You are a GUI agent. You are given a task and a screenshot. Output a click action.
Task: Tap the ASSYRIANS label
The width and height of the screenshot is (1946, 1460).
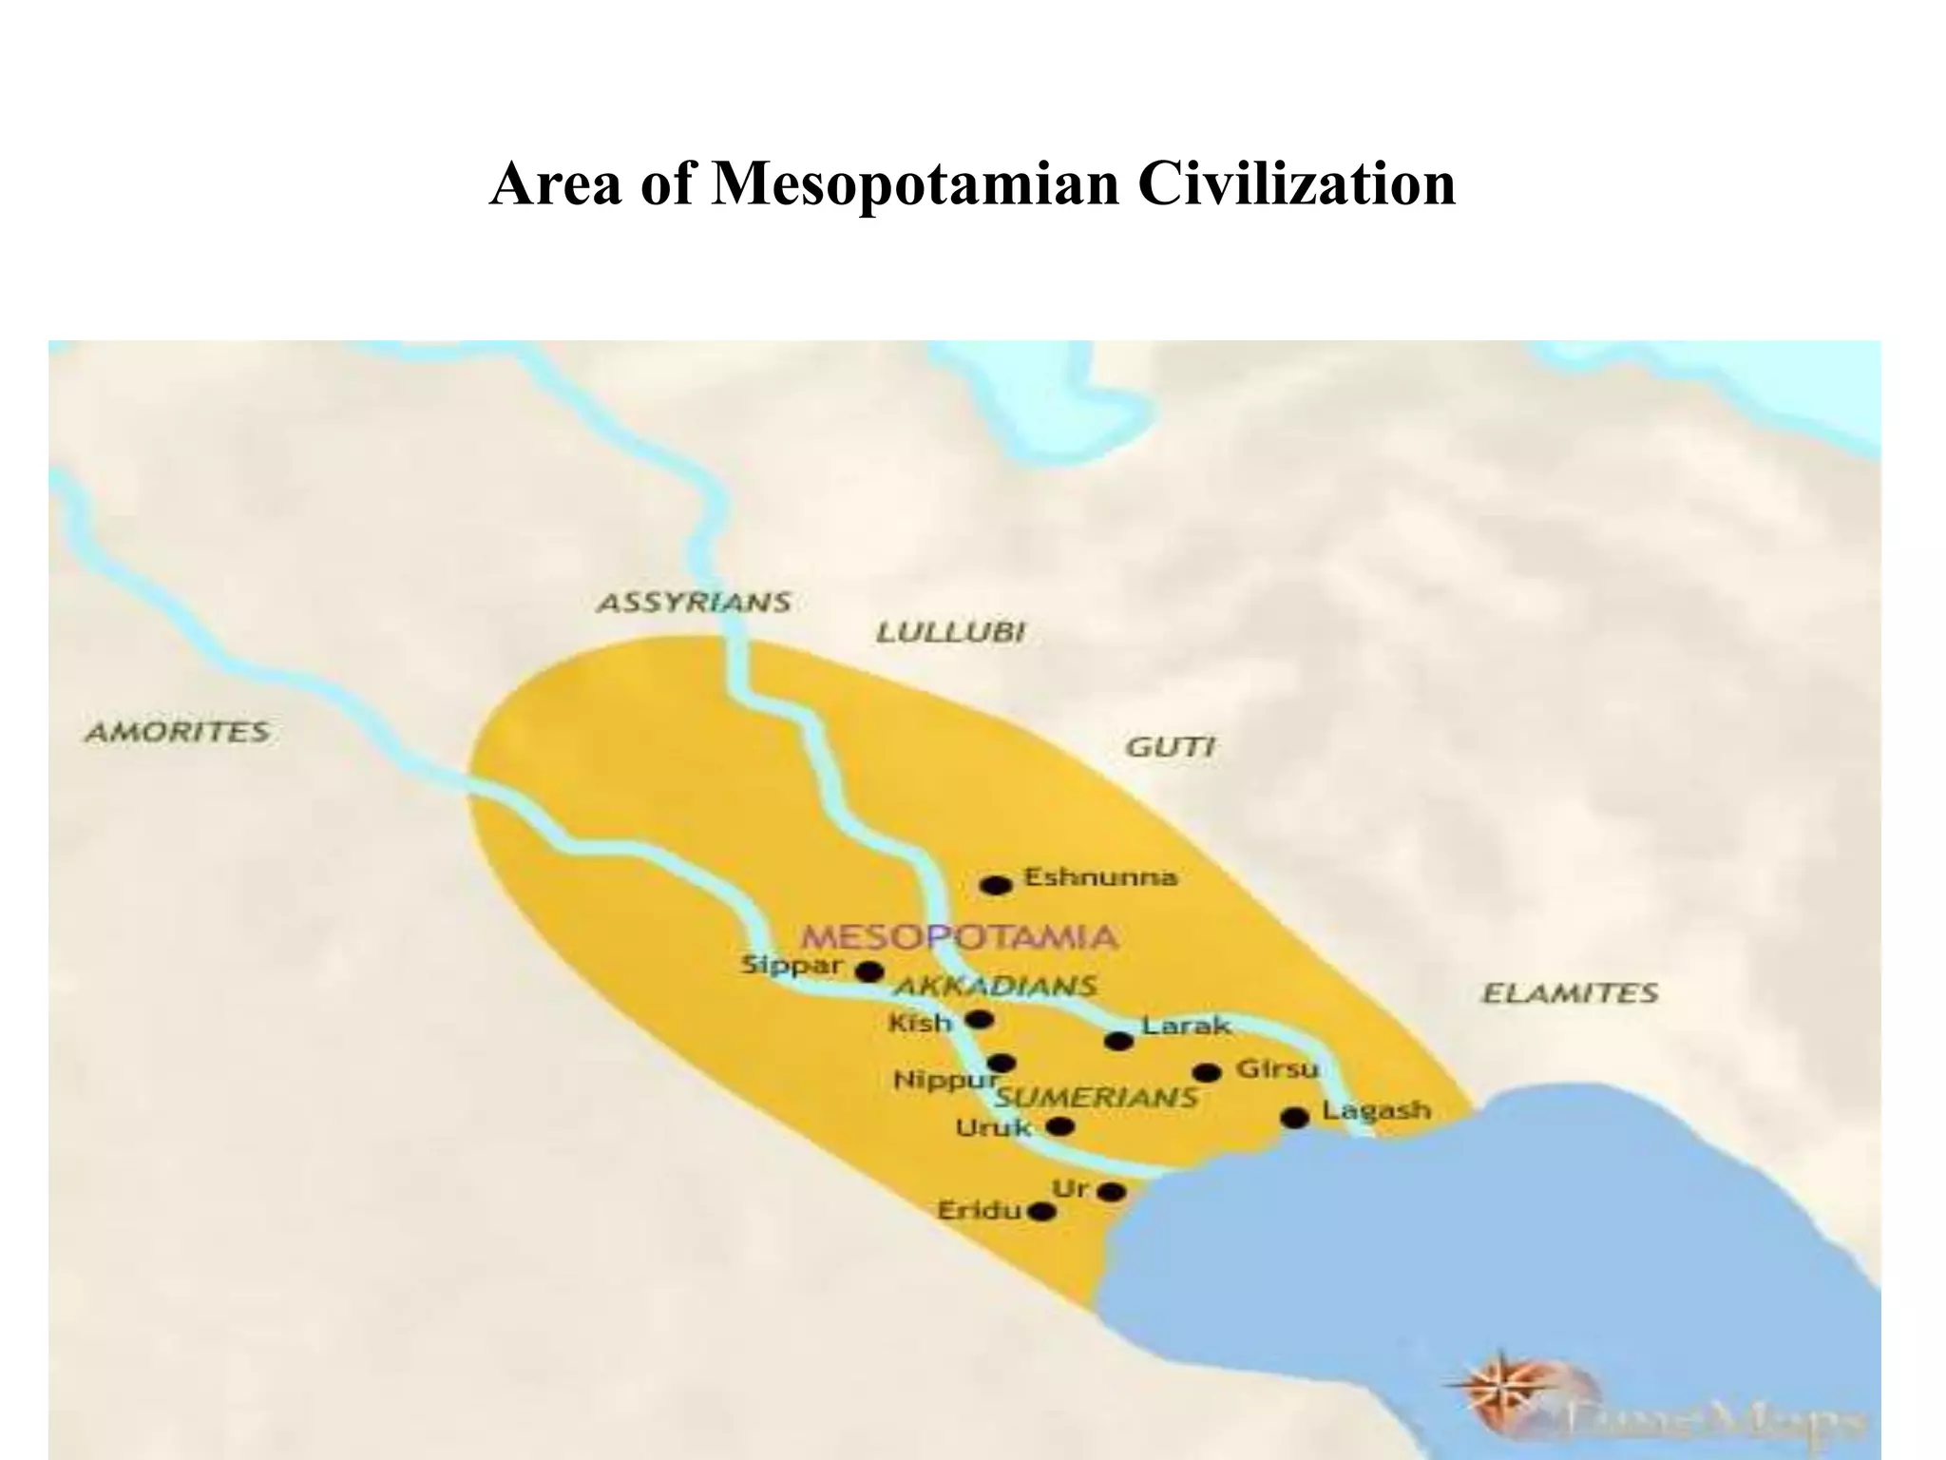click(694, 603)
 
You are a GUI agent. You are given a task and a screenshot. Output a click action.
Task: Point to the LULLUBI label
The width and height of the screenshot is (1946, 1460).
click(949, 633)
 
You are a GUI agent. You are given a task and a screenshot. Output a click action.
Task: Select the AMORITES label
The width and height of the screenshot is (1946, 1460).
click(178, 732)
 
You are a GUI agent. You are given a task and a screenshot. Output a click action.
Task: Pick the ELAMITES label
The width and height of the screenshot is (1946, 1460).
click(1570, 993)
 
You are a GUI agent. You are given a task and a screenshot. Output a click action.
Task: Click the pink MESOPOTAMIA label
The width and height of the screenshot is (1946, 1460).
click(959, 937)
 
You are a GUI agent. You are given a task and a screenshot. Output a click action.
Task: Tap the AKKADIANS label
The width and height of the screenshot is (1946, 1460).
click(995, 986)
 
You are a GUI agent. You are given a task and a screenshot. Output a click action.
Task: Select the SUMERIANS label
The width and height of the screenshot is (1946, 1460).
click(1095, 1098)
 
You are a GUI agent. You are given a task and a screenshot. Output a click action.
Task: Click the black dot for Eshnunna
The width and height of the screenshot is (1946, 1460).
click(996, 886)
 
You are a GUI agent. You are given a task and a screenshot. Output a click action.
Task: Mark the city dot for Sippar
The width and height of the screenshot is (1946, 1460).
click(868, 971)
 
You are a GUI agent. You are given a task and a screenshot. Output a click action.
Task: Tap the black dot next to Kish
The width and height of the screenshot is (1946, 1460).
click(979, 1020)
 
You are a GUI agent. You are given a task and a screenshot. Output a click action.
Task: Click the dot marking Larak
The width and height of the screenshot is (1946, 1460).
click(1119, 1041)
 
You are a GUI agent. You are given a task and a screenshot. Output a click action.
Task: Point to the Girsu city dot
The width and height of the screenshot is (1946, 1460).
click(1207, 1073)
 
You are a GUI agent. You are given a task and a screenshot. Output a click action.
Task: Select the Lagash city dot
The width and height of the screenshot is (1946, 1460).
click(1295, 1118)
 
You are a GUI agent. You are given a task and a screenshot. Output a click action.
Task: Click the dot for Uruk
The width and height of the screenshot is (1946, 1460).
click(1059, 1126)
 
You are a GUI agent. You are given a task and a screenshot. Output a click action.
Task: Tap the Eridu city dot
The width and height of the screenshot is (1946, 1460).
click(1042, 1212)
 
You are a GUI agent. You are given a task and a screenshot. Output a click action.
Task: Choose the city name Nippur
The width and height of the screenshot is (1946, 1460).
click(945, 1081)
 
